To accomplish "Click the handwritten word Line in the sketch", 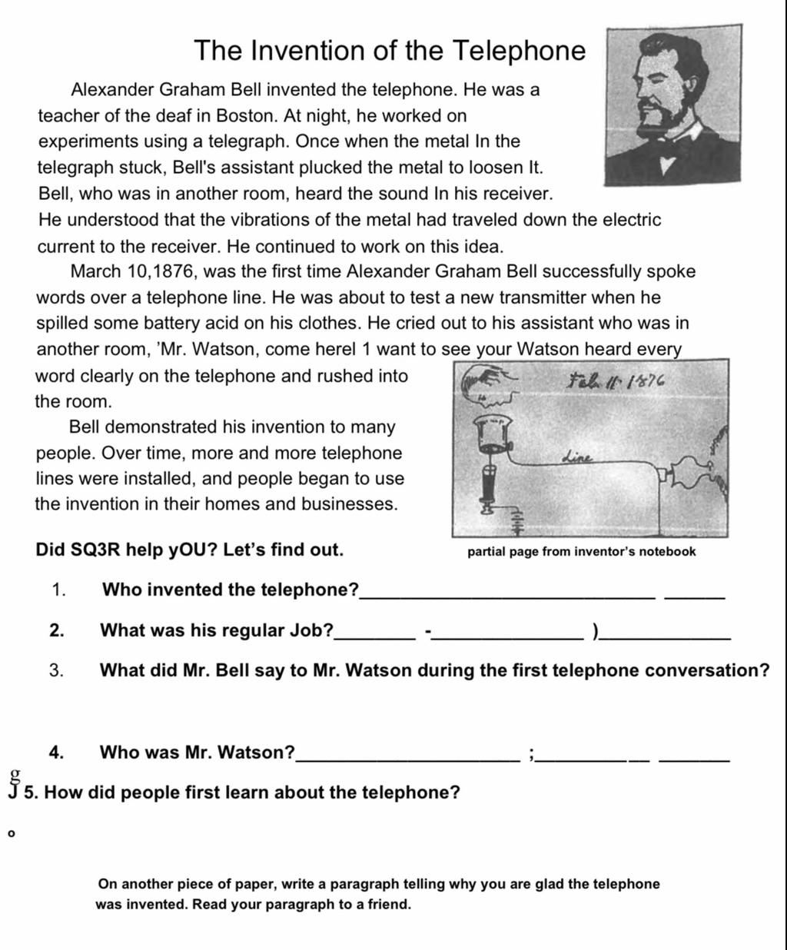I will (579, 457).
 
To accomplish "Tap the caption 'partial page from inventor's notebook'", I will (581, 551).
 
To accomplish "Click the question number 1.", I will (58, 590).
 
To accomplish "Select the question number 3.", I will (56, 670).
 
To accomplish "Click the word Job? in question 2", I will (311, 630).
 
